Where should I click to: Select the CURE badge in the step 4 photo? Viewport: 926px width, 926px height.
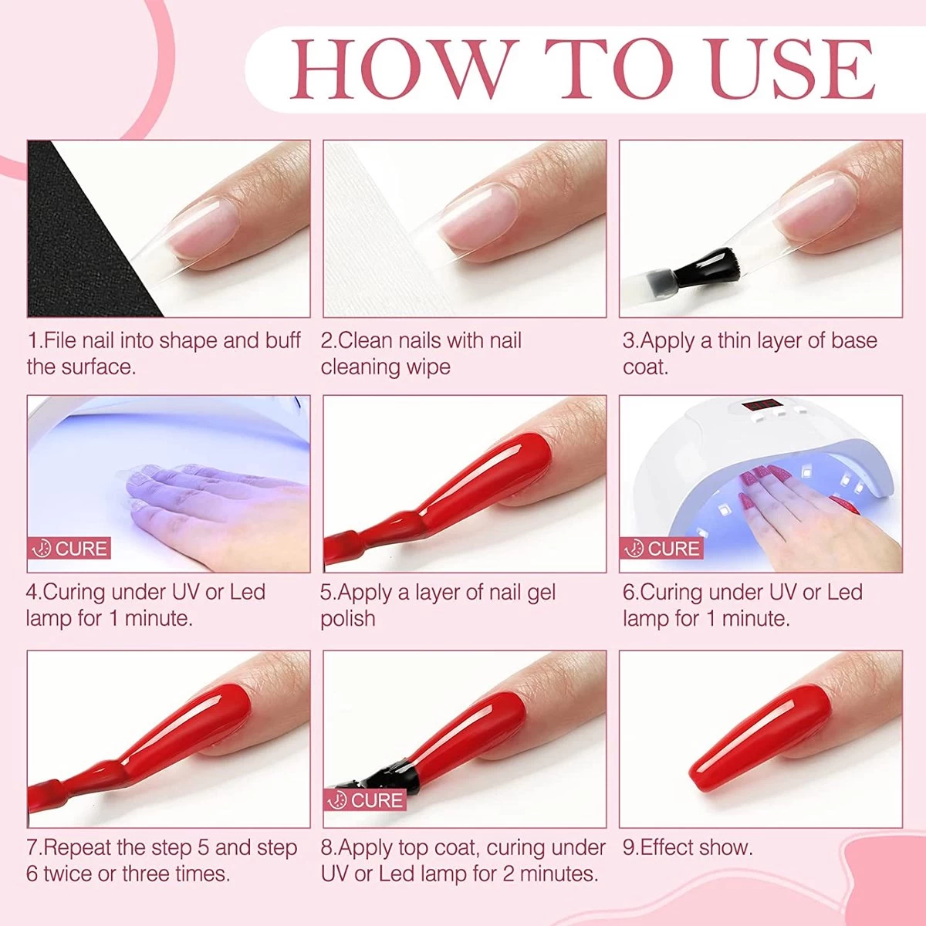pyautogui.click(x=69, y=549)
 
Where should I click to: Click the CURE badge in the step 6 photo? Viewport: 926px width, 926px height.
pyautogui.click(x=661, y=549)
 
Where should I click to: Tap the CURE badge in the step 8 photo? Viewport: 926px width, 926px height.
pyautogui.click(x=366, y=800)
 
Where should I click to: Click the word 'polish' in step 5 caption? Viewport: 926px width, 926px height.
pyautogui.click(x=348, y=619)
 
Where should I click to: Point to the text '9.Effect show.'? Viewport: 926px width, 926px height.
pyautogui.click(x=687, y=847)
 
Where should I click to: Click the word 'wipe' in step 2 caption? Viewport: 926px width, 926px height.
pyautogui.click(x=428, y=367)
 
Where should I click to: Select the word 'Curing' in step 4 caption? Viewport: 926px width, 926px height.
pyautogui.click(x=74, y=592)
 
